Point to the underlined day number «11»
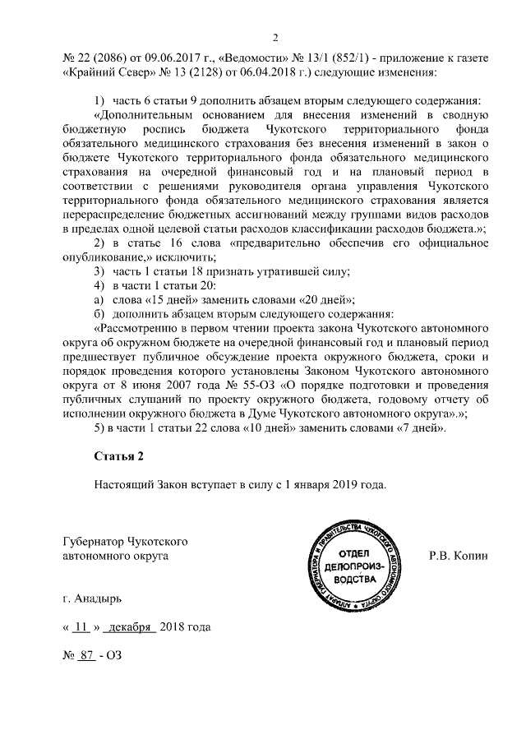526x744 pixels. tap(80, 628)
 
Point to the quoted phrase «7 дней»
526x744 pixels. tap(415, 428)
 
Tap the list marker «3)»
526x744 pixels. tap(99, 271)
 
